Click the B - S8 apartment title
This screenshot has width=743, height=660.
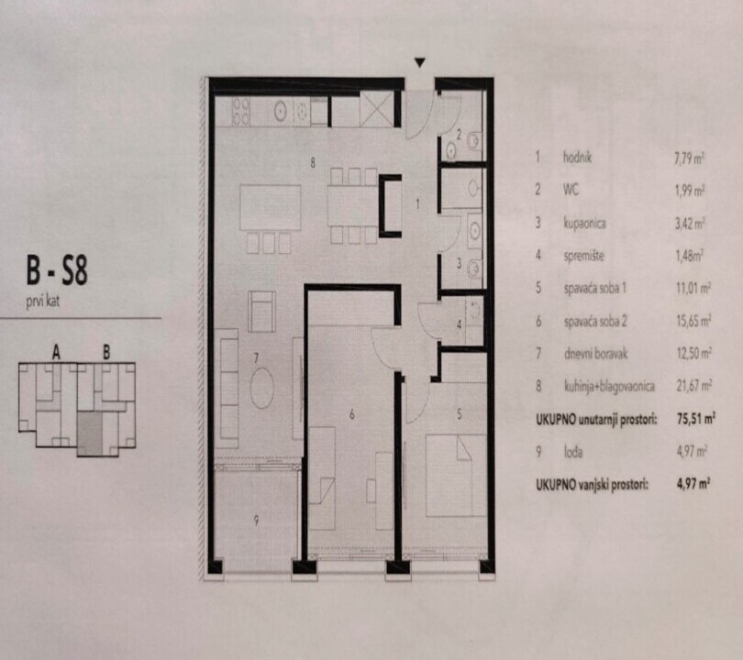click(x=57, y=270)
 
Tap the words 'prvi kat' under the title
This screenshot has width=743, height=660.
click(x=42, y=301)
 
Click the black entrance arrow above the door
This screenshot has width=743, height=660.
click(x=420, y=62)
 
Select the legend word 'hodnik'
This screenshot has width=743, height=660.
click(x=577, y=157)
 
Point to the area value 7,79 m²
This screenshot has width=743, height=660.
click(x=690, y=159)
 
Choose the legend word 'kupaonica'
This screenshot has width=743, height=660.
click(x=584, y=223)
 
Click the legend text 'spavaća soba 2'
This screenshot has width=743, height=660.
click(x=595, y=321)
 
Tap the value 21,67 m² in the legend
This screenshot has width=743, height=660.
click(x=693, y=386)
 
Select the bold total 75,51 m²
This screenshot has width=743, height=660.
click(x=695, y=419)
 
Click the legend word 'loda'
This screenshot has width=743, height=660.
click(x=573, y=452)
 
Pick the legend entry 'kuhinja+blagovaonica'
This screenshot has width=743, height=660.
click(x=609, y=386)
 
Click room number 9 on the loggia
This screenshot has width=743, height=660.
click(x=256, y=521)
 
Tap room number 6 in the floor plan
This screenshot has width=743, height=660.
click(x=351, y=414)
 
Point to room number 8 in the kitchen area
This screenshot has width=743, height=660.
click(x=313, y=163)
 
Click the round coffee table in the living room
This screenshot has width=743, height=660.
click(x=262, y=389)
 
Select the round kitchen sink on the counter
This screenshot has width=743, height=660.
click(x=281, y=111)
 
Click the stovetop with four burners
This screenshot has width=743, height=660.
click(x=240, y=111)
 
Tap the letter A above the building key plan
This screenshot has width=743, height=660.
click(x=56, y=352)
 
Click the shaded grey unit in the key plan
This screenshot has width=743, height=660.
click(x=90, y=434)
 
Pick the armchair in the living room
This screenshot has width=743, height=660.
click(x=261, y=312)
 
